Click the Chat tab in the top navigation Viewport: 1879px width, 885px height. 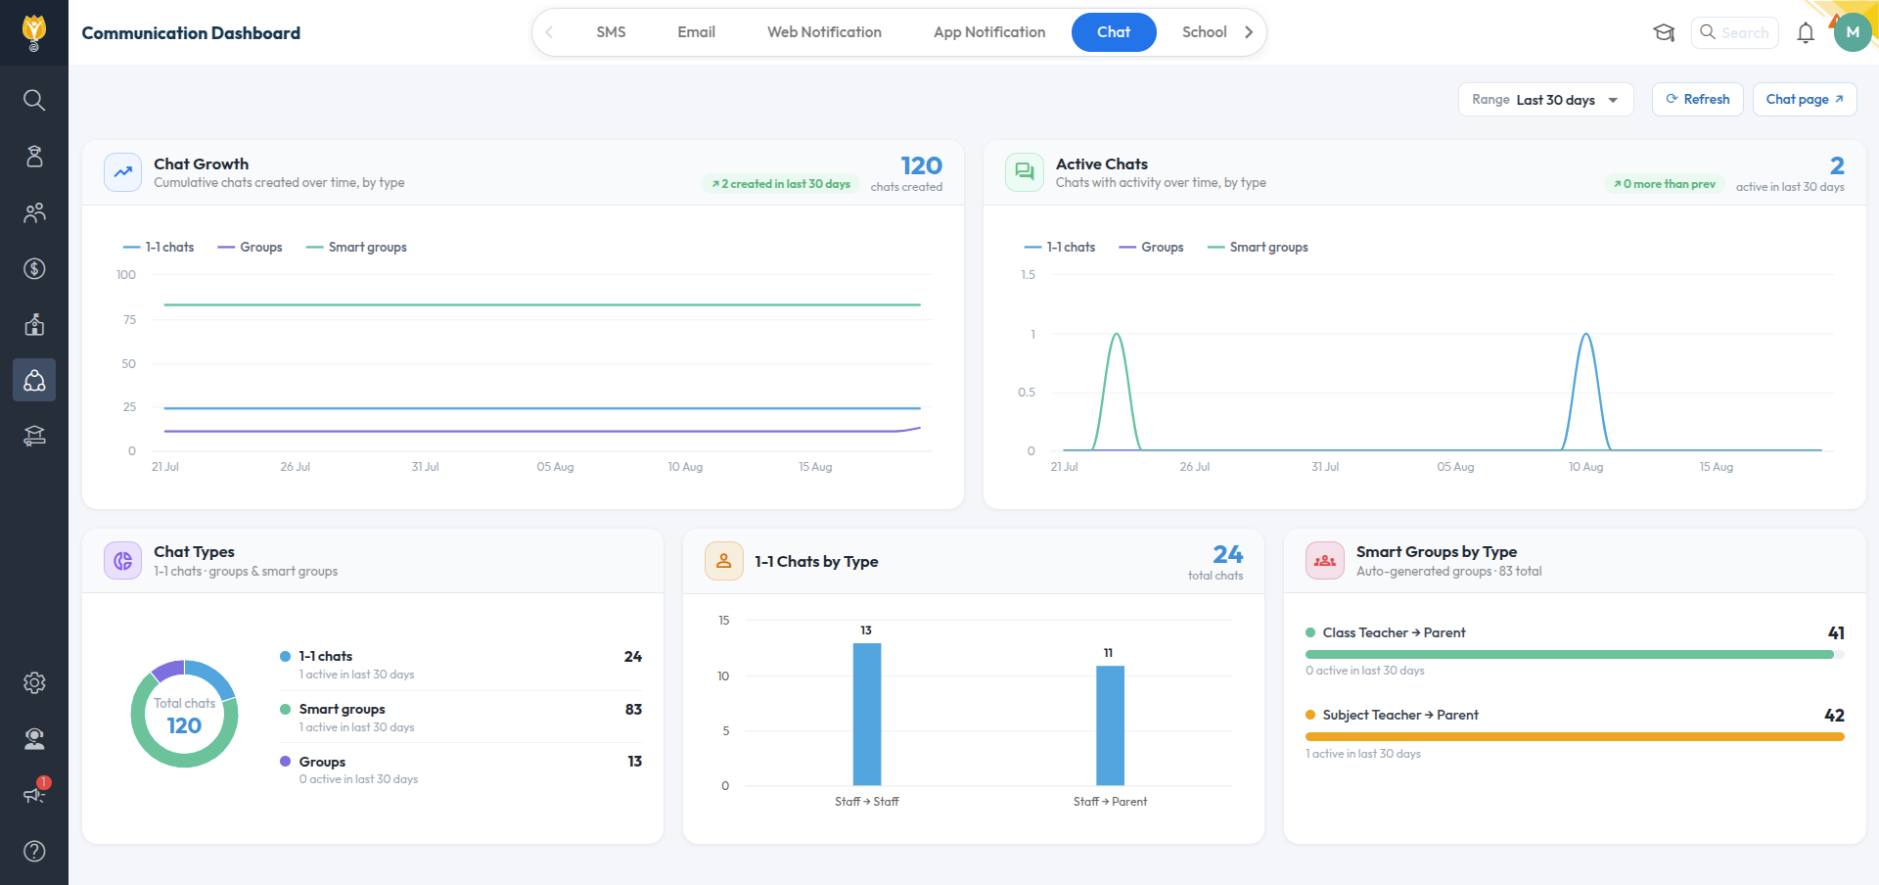pyautogui.click(x=1114, y=32)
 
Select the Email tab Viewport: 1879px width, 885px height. pyautogui.click(x=696, y=32)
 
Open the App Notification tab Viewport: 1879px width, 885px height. pyautogui.click(x=989, y=32)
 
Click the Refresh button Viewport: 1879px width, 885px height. pyautogui.click(x=1697, y=99)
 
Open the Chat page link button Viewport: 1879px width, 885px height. pyautogui.click(x=1804, y=99)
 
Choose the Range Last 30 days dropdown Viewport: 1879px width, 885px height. pyautogui.click(x=1545, y=100)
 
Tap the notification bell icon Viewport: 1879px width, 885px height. pyautogui.click(x=1806, y=33)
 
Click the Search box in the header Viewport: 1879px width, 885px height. pyautogui.click(x=1734, y=32)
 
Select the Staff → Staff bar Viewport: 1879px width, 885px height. pyautogui.click(x=867, y=714)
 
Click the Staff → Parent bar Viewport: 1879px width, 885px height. pyautogui.click(x=1110, y=725)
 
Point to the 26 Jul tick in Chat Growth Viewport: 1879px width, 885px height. pyautogui.click(x=295, y=467)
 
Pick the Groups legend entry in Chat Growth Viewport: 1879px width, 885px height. pyautogui.click(x=250, y=247)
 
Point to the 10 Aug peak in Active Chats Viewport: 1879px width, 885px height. pyautogui.click(x=1586, y=335)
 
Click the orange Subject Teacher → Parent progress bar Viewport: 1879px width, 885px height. pyautogui.click(x=1575, y=736)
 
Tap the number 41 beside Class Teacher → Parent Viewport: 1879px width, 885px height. pyautogui.click(x=1836, y=632)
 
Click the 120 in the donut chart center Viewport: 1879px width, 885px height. pyautogui.click(x=184, y=725)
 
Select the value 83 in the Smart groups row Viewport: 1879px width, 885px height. pyautogui.click(x=633, y=709)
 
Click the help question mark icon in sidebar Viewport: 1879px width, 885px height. pyautogui.click(x=34, y=851)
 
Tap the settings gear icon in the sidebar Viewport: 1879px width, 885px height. pyautogui.click(x=34, y=682)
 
